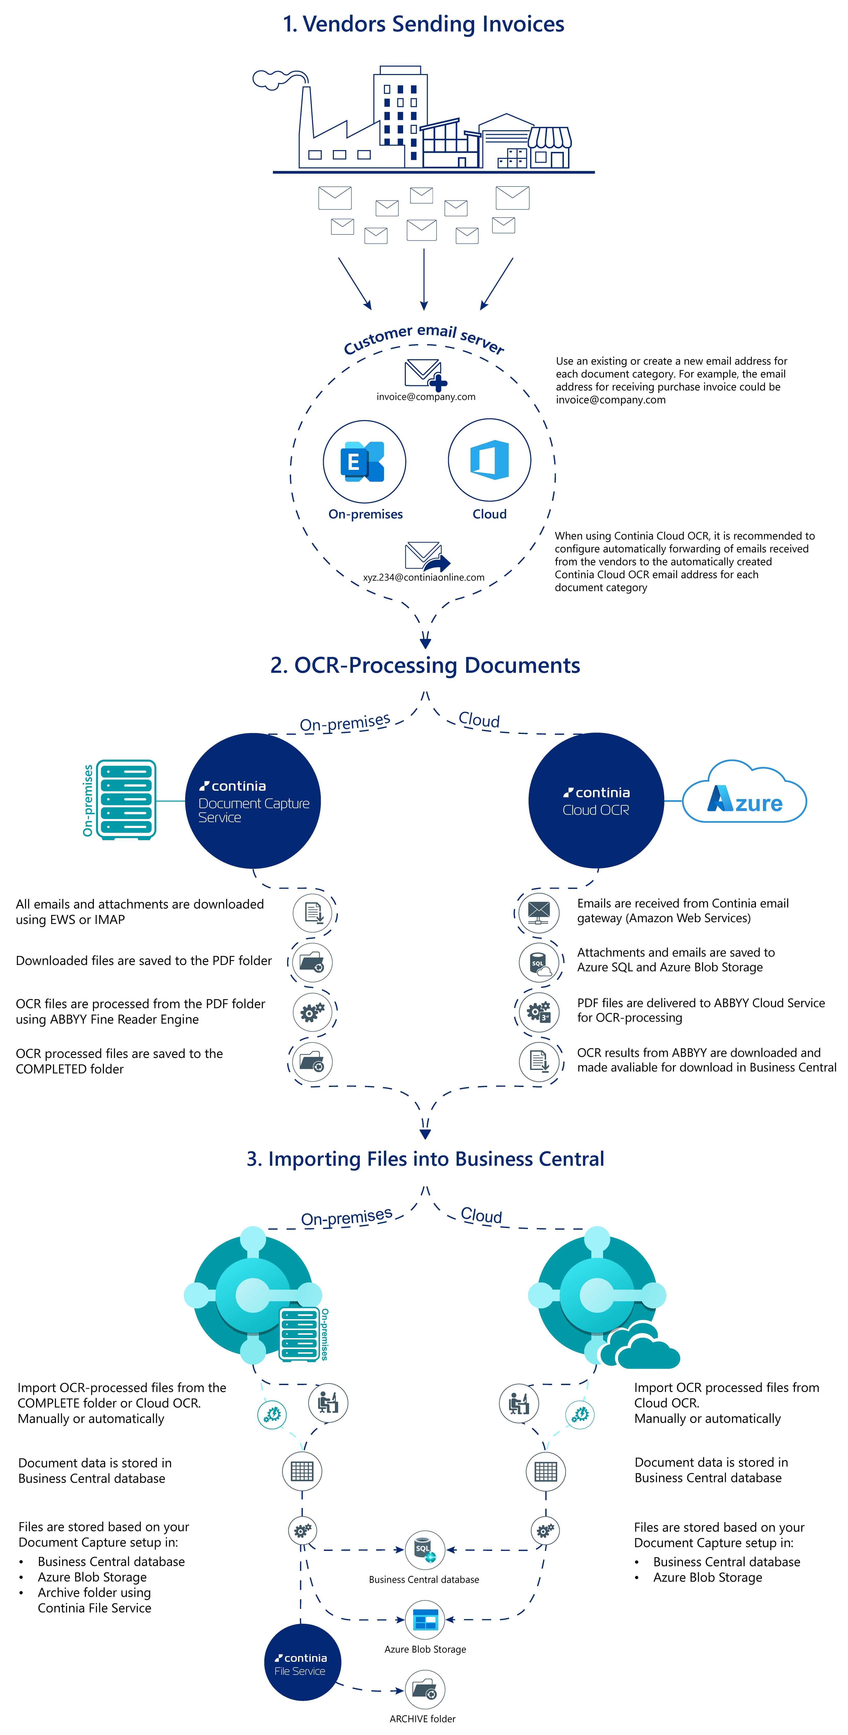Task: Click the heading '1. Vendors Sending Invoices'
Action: (x=423, y=24)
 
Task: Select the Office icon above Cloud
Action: (x=490, y=460)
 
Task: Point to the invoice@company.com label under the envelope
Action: (x=426, y=397)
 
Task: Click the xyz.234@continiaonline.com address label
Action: (x=424, y=577)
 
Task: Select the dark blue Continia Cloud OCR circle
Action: (x=596, y=801)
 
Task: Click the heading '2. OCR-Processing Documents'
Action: (x=425, y=665)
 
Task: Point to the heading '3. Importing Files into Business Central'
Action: (x=425, y=1159)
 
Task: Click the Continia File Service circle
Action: (x=302, y=1662)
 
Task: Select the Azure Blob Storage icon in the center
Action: (x=425, y=1619)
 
